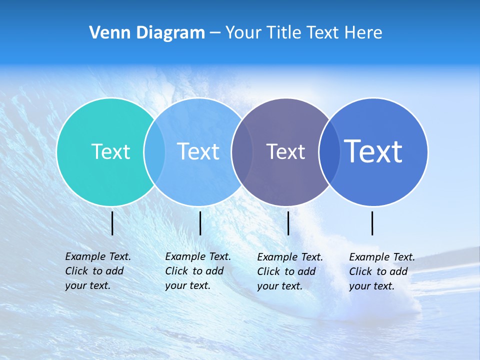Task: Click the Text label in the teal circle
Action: (x=110, y=151)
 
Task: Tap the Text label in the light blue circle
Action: (x=198, y=151)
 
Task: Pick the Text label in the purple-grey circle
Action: (x=285, y=151)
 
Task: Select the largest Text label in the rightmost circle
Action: (x=373, y=151)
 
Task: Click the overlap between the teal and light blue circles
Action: (x=154, y=151)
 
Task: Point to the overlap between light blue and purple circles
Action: (x=242, y=151)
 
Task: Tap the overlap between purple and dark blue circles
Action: (x=329, y=151)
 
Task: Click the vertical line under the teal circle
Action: (x=112, y=223)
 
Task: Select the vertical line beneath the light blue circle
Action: (x=200, y=223)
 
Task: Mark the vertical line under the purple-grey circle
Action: (x=288, y=223)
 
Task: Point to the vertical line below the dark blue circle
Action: (x=372, y=223)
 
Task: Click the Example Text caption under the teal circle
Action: (x=97, y=271)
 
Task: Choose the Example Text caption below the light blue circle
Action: (x=197, y=271)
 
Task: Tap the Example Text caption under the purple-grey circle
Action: (x=289, y=271)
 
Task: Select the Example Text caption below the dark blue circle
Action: (x=381, y=271)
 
